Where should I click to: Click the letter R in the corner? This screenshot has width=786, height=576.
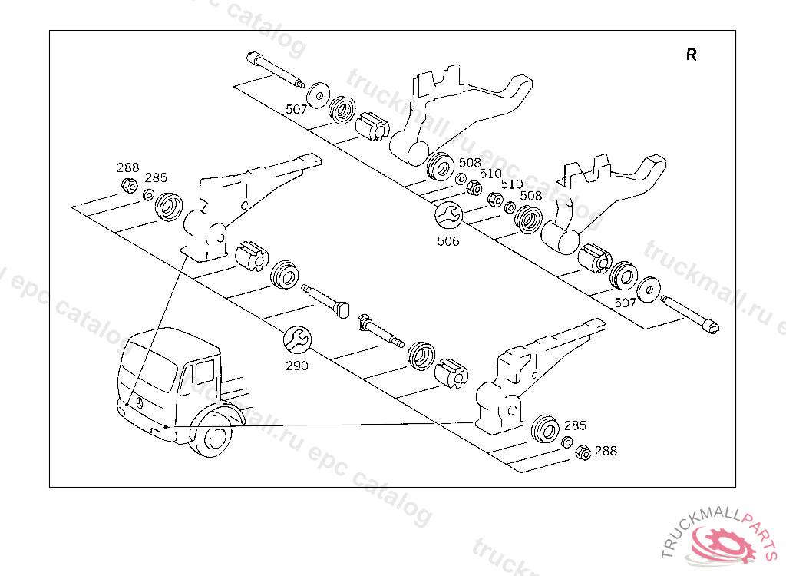click(x=692, y=55)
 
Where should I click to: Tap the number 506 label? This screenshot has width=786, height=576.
click(x=448, y=241)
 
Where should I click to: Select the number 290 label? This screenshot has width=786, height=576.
click(x=296, y=366)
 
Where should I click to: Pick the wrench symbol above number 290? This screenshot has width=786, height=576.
click(x=296, y=339)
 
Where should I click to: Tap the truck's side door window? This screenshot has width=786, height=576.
click(x=203, y=374)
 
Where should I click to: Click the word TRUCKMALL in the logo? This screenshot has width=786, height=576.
click(x=698, y=531)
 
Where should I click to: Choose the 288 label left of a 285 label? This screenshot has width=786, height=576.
click(x=127, y=167)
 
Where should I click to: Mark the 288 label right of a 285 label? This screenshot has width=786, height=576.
click(x=605, y=451)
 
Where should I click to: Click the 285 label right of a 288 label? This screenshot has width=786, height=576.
click(x=156, y=177)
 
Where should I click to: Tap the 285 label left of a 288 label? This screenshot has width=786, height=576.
click(x=575, y=425)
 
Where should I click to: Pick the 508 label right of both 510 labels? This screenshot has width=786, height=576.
click(x=530, y=195)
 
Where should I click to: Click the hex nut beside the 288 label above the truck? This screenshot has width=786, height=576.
click(x=130, y=185)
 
